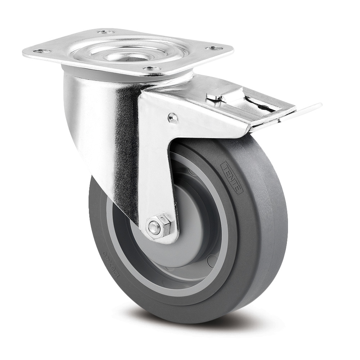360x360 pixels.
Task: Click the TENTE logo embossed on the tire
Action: (x=231, y=177)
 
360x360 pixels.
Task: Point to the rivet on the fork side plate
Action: (x=173, y=117)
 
